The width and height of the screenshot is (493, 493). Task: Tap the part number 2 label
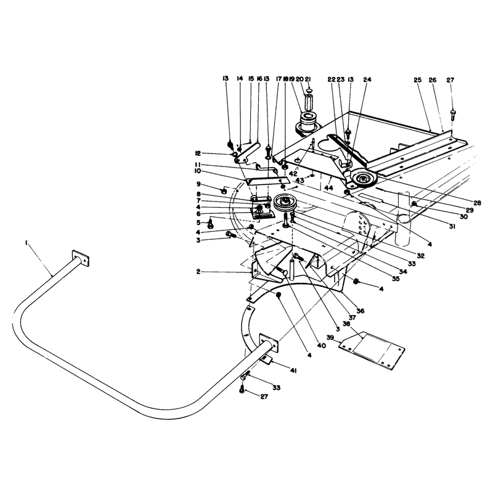pos(198,272)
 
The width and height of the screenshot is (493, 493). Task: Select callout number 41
pos(293,372)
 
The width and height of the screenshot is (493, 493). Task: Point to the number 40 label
pos(321,346)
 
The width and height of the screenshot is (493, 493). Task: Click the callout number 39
pos(330,337)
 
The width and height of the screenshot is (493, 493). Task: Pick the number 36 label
pos(361,311)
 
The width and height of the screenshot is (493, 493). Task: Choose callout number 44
pos(329,188)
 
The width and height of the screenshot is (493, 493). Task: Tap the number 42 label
pos(293,174)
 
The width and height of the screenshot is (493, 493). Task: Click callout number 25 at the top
pos(418,80)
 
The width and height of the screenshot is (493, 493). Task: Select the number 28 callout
pos(477,203)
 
